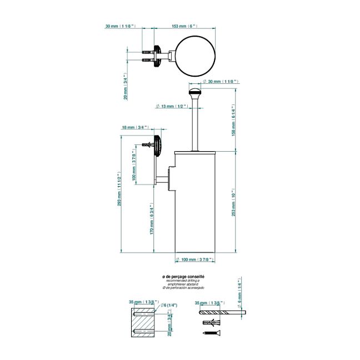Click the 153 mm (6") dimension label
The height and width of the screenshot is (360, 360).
pyautogui.click(x=186, y=26)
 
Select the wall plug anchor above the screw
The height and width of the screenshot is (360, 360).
pyautogui.click(x=212, y=322)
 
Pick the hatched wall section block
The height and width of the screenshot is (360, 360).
pyautogui.click(x=143, y=324)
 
